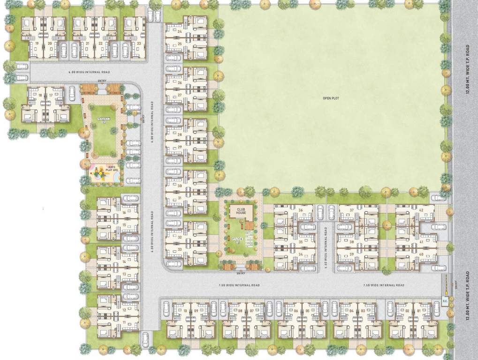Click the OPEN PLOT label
pyautogui.click(x=331, y=98)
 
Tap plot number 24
pyautogui.click(x=180, y=31)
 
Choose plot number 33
pyautogui.click(x=180, y=250)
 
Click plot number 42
pyautogui.click(x=421, y=210)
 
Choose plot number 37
pyautogui.click(x=351, y=210)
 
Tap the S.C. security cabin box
pyautogui.click(x=445, y=300)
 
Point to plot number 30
pyautogui.click(x=180, y=186)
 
